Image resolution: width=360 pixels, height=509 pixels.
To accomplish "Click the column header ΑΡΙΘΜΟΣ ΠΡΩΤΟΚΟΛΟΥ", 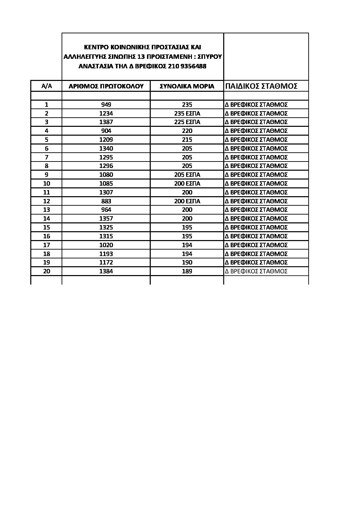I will point(106,86).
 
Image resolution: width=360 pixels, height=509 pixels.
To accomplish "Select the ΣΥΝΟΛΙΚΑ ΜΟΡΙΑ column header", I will point(187,86).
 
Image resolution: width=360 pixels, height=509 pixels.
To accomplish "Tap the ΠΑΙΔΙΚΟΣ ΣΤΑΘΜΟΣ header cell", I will point(261,86).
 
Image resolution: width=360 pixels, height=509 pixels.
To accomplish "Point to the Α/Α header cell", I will point(46,86).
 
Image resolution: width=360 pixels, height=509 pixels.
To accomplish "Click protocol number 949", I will point(106,105).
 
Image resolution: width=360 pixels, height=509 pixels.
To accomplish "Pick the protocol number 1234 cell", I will point(106,114).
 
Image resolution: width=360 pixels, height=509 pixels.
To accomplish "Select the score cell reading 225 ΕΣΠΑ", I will point(187,122).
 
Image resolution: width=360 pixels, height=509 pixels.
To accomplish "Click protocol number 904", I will point(106,131).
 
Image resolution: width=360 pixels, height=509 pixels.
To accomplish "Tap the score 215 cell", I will point(187,140).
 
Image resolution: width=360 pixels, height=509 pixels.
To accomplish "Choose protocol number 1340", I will point(106,149).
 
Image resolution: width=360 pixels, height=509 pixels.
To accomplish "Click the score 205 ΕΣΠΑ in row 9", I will point(187,175).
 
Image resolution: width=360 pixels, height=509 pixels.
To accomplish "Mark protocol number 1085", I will point(106,184).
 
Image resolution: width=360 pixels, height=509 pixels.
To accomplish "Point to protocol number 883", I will point(106,201).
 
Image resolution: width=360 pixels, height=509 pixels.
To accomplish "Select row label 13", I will point(47,210).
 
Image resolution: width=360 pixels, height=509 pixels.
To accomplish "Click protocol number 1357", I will point(106,219).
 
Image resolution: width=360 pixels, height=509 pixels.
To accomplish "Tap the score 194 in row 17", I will point(187,245).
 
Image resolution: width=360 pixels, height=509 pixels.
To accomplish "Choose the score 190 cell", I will point(187,262).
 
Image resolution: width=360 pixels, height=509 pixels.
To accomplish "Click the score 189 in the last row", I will point(187,271).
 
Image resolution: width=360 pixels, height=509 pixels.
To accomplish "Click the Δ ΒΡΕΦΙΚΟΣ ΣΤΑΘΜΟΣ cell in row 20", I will point(256,271).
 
